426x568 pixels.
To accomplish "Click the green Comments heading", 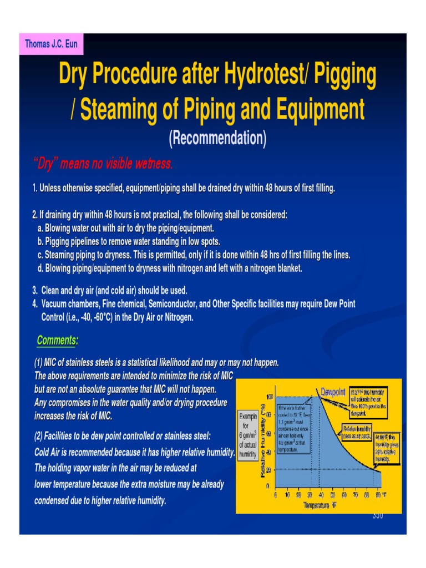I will coord(57,339).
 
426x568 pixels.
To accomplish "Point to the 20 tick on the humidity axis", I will coord(269,470).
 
